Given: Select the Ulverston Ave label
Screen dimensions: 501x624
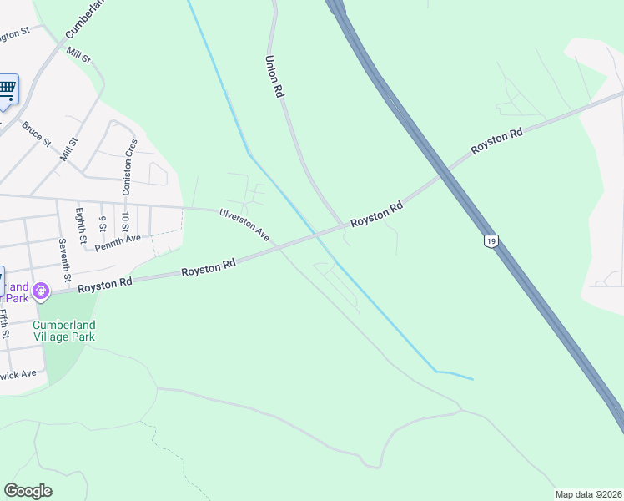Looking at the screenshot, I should click(x=244, y=225).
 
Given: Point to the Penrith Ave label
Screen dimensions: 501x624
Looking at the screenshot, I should click(x=118, y=243).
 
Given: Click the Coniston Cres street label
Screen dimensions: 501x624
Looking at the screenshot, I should click(x=129, y=167).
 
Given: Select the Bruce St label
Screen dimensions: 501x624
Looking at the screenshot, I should click(x=37, y=134).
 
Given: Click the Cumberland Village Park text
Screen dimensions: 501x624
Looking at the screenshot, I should click(x=64, y=331).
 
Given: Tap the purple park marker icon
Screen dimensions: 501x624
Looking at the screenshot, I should click(x=41, y=291).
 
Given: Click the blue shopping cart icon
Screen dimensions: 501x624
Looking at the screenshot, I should click(x=7, y=89).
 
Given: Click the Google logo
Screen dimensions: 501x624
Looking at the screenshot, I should click(x=28, y=491).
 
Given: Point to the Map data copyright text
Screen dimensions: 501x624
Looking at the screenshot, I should click(x=588, y=493).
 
